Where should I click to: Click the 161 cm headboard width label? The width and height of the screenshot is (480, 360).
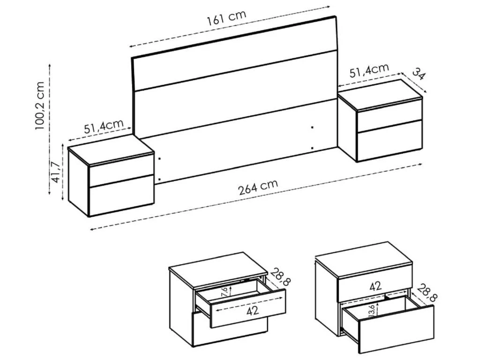226,18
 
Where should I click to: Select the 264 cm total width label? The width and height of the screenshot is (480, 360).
258,187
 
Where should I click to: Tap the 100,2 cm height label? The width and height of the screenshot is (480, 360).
40,105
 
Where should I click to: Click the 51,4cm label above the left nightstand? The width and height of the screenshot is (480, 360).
104,127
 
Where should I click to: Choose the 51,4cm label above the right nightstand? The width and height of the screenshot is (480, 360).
369,71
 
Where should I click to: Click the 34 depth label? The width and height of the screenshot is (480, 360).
419,74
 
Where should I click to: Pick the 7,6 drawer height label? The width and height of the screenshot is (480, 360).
224,292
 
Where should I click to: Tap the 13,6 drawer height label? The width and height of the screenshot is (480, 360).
372,311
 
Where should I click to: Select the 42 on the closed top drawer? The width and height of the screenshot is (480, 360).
375,286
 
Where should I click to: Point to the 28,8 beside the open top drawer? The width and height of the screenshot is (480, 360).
280,277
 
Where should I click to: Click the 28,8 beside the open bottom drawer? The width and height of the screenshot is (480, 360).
427,292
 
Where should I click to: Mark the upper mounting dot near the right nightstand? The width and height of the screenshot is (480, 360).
312,127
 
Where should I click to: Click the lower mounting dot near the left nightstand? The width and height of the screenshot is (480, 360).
159,180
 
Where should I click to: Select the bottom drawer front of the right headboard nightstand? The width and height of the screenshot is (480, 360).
390,140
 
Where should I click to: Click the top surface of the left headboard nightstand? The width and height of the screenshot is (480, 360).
111,150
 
